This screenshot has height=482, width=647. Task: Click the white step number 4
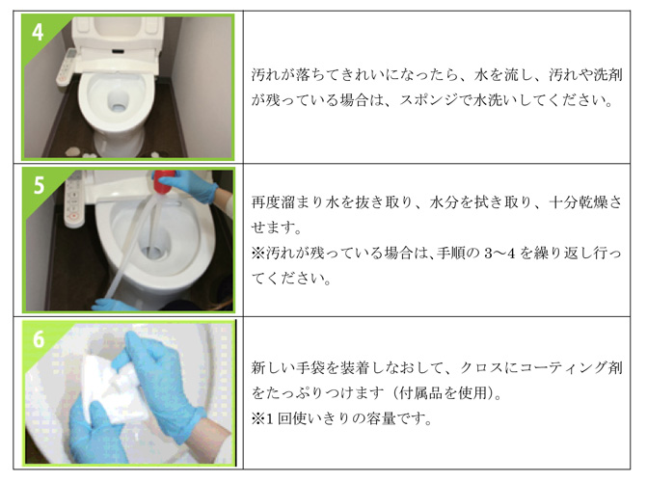coord(38,32)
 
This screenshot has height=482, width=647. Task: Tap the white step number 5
coord(39,185)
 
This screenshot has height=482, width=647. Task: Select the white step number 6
coord(39,338)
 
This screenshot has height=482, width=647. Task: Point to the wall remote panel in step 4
coord(67,67)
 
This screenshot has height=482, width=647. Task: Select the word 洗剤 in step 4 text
coord(608,74)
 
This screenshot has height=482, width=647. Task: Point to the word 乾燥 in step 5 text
coord(593,202)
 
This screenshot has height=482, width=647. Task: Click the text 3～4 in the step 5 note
coord(500,253)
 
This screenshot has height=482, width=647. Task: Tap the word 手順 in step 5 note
coord(451,253)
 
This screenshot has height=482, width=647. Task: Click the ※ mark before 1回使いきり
coord(258,418)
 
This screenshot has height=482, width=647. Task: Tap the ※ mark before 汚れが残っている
coord(258,253)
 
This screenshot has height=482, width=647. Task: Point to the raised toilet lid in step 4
coord(118,32)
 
